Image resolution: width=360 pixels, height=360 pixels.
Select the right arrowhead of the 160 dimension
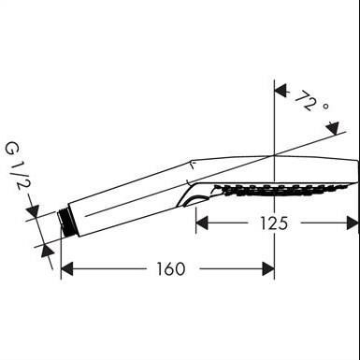pyautogui.click(x=268, y=270)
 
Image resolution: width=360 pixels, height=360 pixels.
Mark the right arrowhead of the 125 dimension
pyautogui.click(x=353, y=223)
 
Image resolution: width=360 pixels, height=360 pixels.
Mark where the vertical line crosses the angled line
pyautogui.click(x=274, y=155)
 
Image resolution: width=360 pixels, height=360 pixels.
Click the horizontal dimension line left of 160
pyautogui.click(x=103, y=270)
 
